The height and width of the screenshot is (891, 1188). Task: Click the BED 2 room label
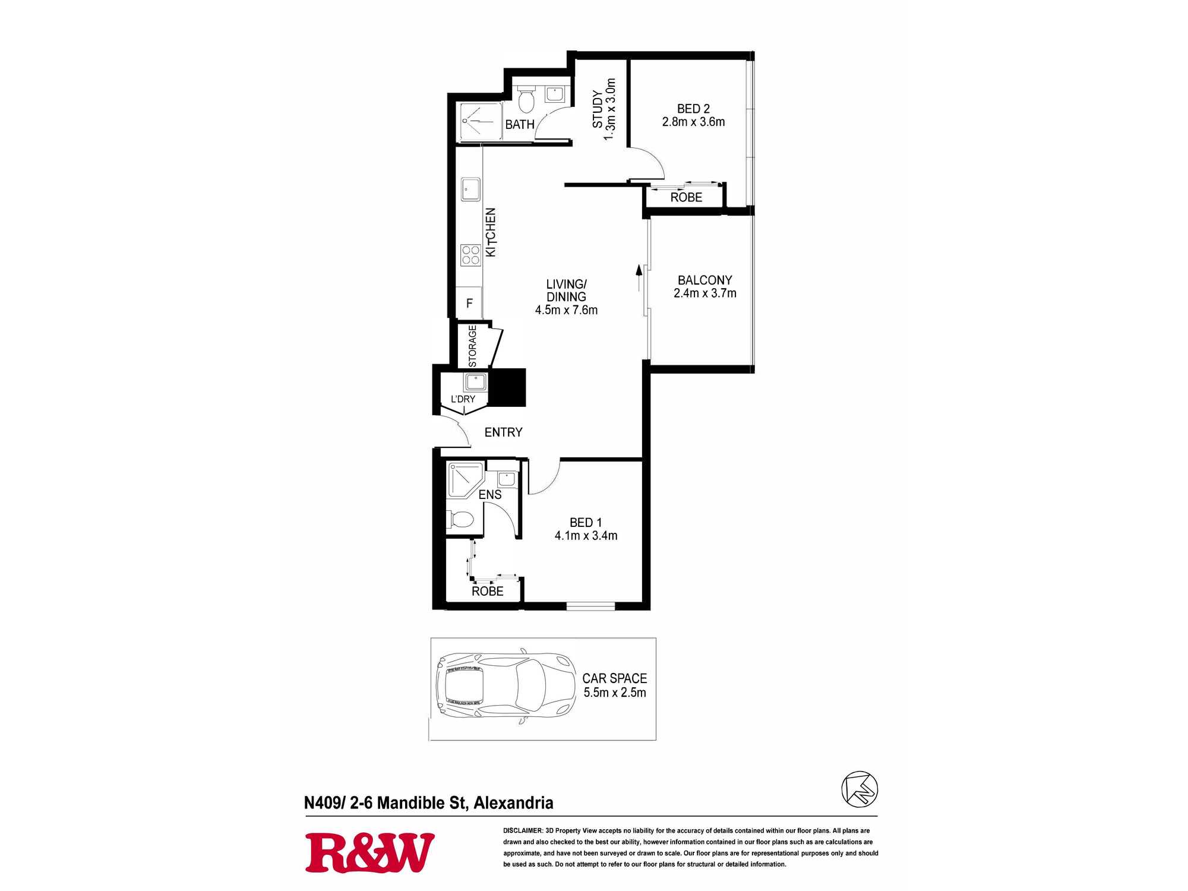coord(693,109)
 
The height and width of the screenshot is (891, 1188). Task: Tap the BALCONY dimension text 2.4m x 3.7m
coord(705,293)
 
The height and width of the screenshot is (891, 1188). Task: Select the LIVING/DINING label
coord(566,290)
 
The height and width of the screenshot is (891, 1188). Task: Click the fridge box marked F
coord(469,303)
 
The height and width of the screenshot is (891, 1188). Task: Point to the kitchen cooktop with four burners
coord(470,255)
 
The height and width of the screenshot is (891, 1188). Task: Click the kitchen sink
coord(470,189)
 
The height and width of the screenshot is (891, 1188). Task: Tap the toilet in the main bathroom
coord(526,99)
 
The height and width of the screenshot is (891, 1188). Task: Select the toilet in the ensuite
coord(462,520)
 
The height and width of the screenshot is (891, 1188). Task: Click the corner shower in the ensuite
coord(466,479)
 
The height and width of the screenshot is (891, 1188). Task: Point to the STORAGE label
coord(472,346)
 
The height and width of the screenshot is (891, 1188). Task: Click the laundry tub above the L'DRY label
coord(476,381)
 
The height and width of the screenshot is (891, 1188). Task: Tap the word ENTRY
coord(503,432)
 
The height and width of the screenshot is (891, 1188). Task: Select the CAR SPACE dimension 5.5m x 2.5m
coord(615,693)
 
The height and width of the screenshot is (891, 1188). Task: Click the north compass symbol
coord(860,789)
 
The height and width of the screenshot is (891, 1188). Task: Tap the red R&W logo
coord(369,853)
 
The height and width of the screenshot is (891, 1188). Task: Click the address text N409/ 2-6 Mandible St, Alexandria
coord(429,803)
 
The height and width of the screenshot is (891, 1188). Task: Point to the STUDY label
coord(598,109)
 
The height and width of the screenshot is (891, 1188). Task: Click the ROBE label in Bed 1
coord(488,591)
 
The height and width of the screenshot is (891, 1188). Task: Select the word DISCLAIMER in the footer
coord(523,830)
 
